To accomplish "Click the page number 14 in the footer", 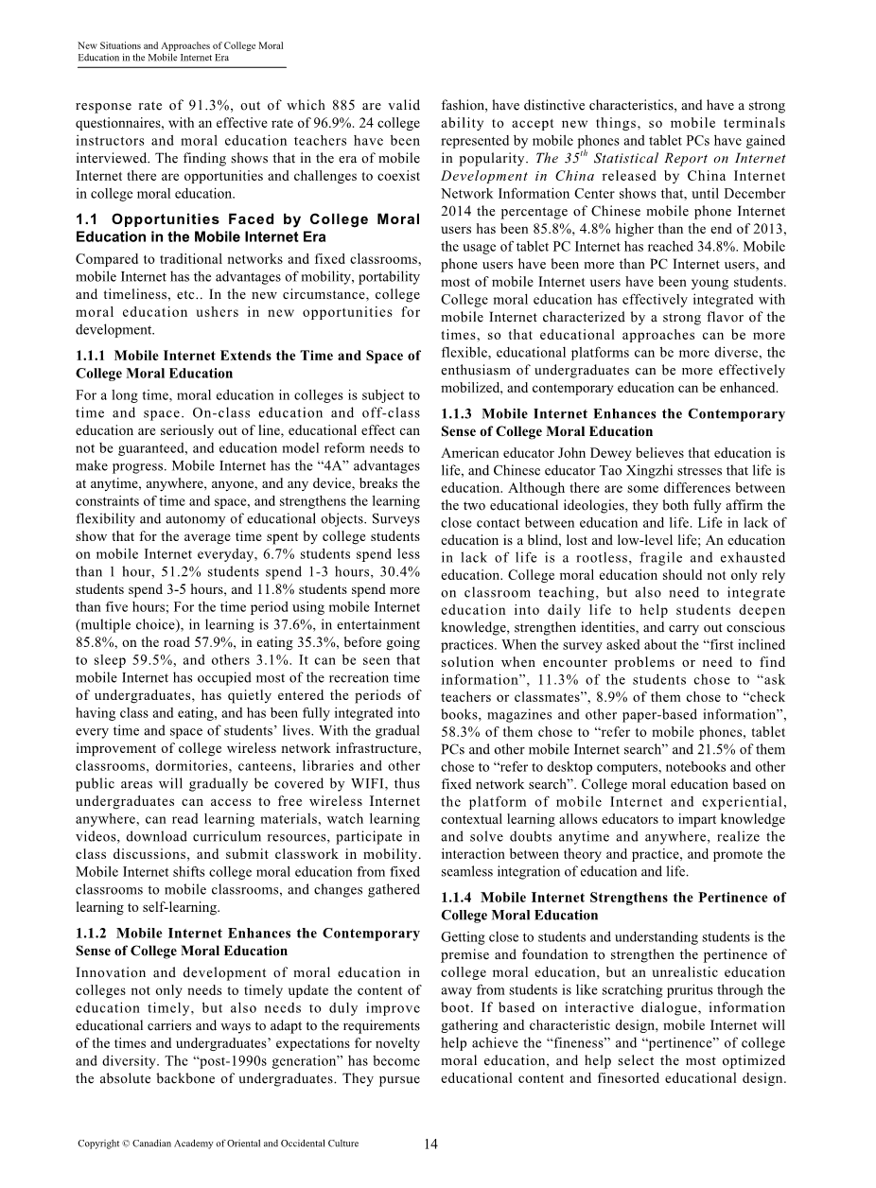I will (x=431, y=1144).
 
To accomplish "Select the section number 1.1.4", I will (x=459, y=898).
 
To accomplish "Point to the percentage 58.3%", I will (x=461, y=732).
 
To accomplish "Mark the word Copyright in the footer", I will (x=99, y=1144).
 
